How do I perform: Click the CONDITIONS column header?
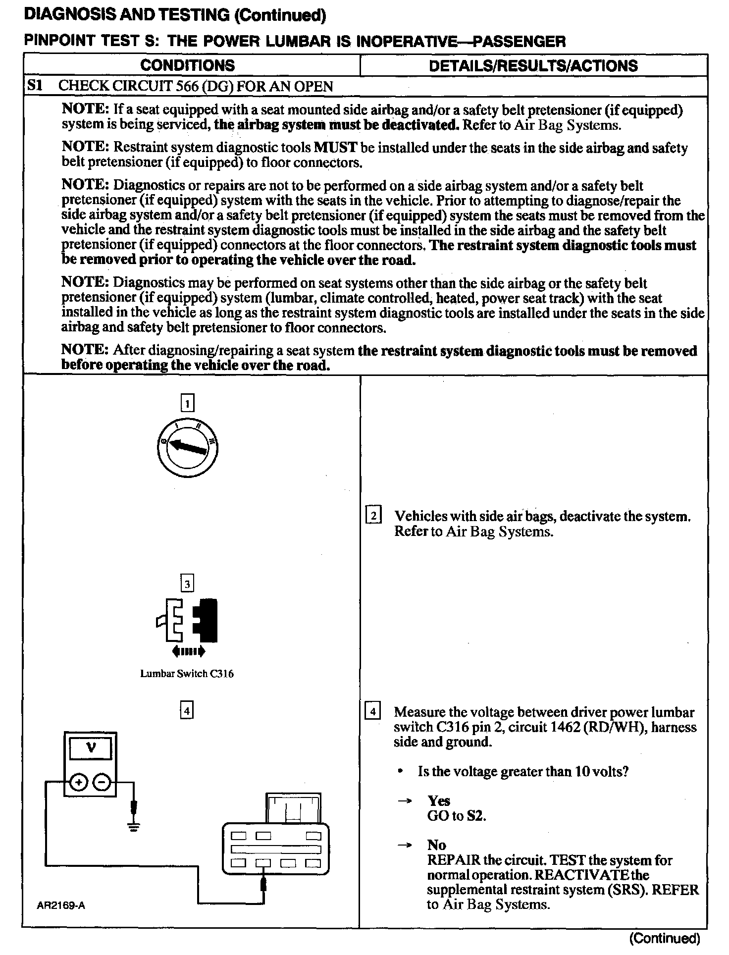187,65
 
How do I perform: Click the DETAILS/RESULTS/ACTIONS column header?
533,66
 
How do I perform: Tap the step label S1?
35,86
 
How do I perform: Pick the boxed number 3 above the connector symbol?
187,584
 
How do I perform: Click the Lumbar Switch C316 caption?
187,674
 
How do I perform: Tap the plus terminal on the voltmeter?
78,783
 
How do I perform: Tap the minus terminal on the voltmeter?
102,783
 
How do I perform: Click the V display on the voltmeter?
91,748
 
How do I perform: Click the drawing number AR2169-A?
61,905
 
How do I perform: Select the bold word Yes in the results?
439,801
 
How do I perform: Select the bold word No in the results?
437,845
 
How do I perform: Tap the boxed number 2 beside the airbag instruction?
373,516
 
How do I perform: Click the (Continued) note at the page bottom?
665,938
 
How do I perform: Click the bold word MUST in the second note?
336,148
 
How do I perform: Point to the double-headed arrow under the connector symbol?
188,652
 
